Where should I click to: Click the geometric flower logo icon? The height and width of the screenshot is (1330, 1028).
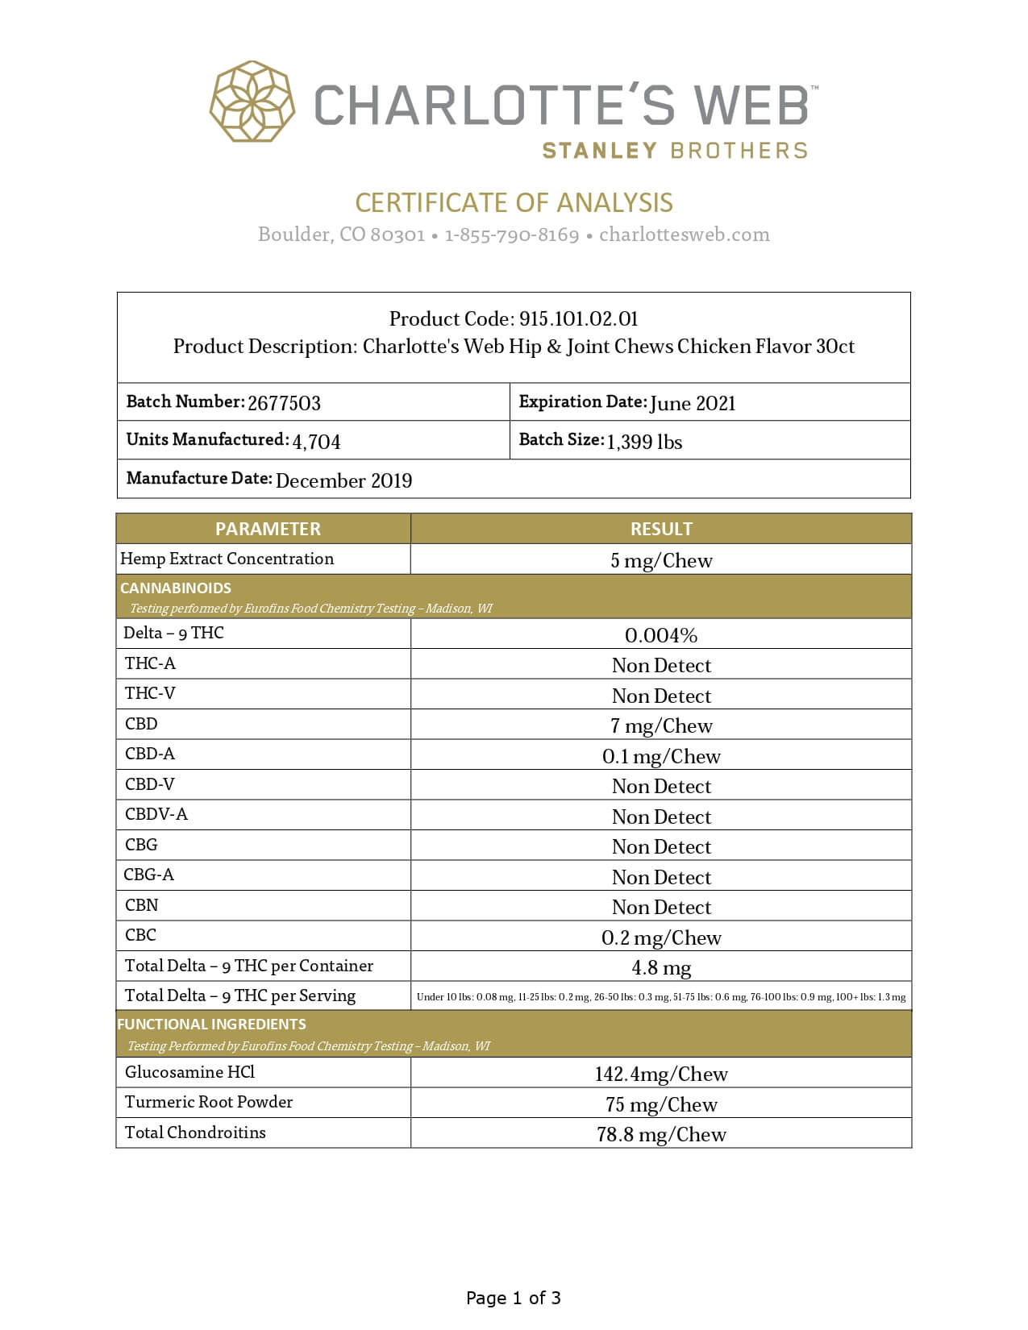tap(252, 102)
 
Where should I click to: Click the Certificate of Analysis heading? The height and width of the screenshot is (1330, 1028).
tap(514, 202)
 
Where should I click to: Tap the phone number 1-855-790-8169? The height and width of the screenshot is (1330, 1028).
tap(511, 235)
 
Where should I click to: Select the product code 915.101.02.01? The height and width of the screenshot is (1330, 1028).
tap(578, 318)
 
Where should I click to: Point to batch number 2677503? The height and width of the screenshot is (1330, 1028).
tap(284, 403)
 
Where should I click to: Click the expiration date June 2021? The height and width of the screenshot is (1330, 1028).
tap(693, 403)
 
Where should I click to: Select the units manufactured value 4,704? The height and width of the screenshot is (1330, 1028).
tap(316, 442)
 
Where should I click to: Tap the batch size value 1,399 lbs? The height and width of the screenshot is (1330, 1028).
tap(644, 442)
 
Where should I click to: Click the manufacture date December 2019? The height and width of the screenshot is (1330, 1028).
tap(343, 480)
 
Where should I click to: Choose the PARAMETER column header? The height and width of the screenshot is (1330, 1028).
tap(268, 529)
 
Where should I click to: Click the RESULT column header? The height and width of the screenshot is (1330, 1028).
tap(661, 529)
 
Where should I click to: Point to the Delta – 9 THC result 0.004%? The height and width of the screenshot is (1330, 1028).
tap(661, 635)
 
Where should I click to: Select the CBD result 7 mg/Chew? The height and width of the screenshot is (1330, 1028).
tap(661, 726)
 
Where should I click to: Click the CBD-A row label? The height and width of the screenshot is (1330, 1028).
tap(150, 754)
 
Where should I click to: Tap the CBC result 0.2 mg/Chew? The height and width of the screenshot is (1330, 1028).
tap(661, 937)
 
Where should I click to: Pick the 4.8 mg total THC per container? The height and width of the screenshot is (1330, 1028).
tap(661, 967)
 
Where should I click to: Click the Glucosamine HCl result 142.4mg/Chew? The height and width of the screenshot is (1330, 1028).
tap(661, 1074)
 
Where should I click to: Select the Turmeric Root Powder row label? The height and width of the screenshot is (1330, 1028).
tap(209, 1102)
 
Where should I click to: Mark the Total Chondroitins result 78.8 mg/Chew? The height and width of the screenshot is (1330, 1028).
tap(661, 1134)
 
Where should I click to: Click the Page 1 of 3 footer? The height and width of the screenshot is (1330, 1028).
tap(514, 1298)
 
